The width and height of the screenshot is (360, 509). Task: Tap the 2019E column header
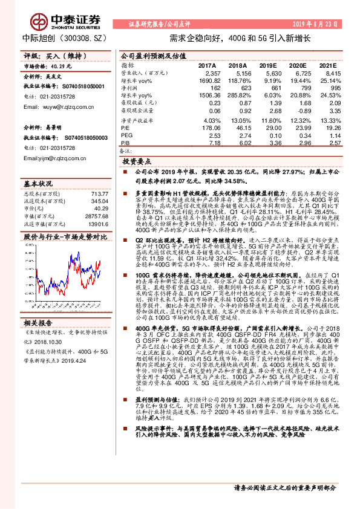coord(267,65)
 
